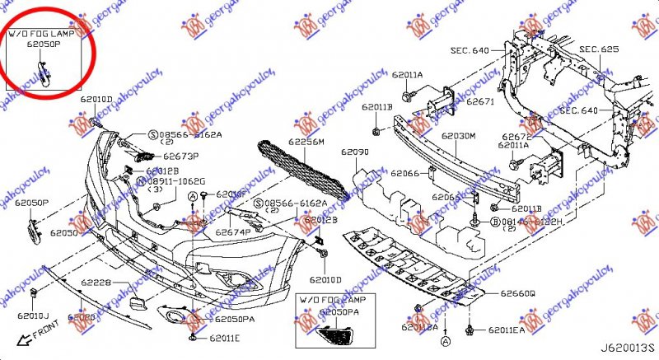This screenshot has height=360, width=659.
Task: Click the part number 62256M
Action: [x=306, y=142]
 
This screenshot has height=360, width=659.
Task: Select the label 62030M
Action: [x=458, y=136]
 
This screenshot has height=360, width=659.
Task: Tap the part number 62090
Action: [x=355, y=153]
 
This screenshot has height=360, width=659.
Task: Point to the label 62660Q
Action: [x=517, y=292]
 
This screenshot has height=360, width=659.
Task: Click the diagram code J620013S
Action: [x=628, y=349]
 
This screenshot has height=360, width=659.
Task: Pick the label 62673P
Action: [x=181, y=155]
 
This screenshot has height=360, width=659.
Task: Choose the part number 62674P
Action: [x=233, y=232]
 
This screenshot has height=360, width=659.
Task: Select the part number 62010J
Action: [x=34, y=316]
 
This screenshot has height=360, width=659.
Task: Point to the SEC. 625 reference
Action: [x=599, y=49]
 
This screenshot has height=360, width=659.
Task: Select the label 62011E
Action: [x=224, y=339]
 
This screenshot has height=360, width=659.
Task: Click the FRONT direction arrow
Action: [x=33, y=334]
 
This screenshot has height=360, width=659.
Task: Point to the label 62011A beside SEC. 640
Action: [x=512, y=145]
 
